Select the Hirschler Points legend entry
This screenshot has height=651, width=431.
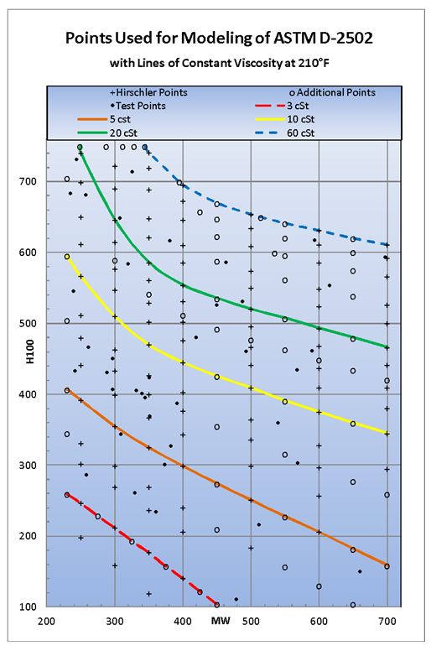pos(149,91)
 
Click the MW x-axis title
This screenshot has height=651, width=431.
pos(220,622)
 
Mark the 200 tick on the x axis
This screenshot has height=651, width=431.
pos(46,622)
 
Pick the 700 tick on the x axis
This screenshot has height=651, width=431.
pos(387,622)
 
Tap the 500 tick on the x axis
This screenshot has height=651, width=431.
pos(250,622)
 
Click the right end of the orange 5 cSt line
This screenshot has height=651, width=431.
pos(387,566)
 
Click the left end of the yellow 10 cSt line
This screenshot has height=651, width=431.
pos(67,256)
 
